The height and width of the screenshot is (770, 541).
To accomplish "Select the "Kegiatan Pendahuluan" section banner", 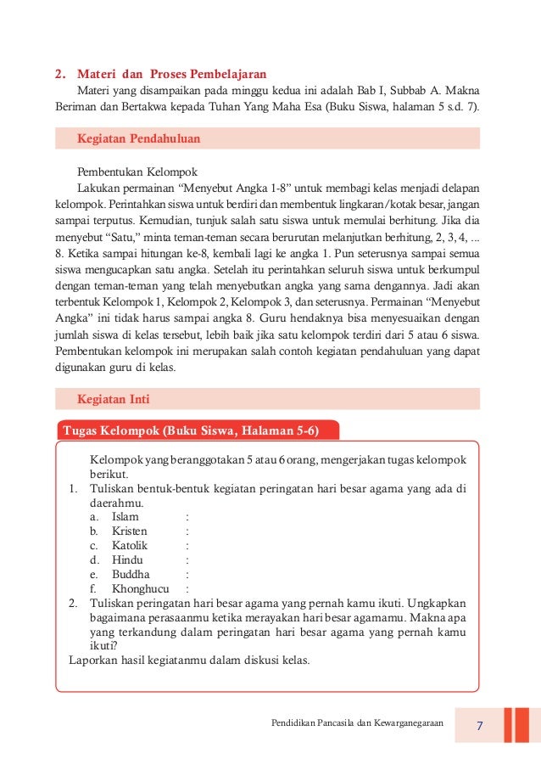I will [265, 138].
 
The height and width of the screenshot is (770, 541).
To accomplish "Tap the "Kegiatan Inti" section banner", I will [265, 399].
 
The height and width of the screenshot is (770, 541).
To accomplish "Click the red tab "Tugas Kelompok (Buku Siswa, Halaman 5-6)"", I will [192, 430].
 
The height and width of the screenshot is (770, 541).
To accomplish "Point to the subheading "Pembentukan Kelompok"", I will [137, 171].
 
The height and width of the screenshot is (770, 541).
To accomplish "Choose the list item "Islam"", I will [125, 516].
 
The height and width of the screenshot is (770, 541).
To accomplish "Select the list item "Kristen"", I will [130, 531].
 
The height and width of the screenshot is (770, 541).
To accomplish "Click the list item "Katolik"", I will [130, 545].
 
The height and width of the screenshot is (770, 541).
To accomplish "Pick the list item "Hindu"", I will [127, 559].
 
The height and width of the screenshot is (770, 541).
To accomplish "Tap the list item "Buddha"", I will [130, 574].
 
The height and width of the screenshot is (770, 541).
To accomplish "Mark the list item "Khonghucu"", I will [140, 588].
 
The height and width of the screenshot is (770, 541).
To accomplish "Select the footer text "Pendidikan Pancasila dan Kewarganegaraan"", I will [357, 723].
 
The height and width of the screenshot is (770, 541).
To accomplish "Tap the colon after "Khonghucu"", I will [187, 588].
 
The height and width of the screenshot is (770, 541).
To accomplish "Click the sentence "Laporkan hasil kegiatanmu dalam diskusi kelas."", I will [189, 660].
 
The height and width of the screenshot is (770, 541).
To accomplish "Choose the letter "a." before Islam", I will [95, 516].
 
